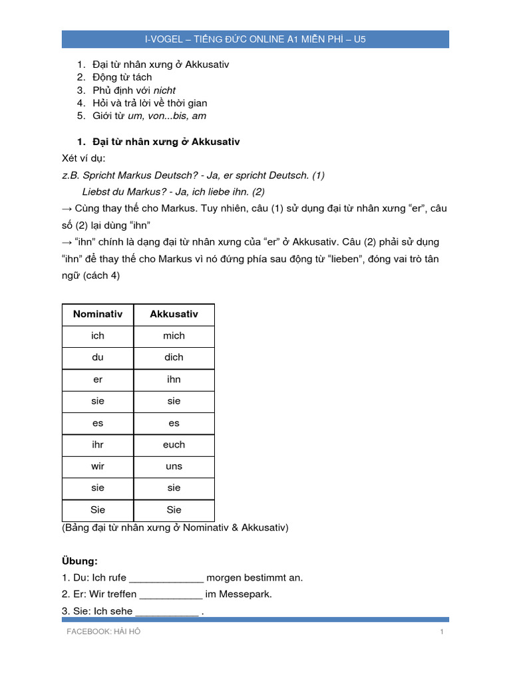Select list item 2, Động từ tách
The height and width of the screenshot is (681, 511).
tap(122, 77)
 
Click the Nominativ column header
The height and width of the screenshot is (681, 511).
tap(98, 314)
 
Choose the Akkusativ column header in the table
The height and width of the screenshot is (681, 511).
tap(174, 314)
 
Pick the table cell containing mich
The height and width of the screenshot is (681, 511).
tap(174, 336)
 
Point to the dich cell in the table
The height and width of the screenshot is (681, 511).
tap(174, 357)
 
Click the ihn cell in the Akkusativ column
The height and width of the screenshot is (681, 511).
tap(174, 379)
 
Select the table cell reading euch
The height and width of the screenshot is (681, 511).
tap(174, 444)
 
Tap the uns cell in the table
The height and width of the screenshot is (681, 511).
tap(174, 466)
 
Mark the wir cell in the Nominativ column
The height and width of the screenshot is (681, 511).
tap(98, 466)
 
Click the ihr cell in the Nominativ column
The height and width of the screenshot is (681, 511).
tap(98, 444)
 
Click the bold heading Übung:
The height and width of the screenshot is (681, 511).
tap(80, 561)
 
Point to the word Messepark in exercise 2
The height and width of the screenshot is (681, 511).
tap(248, 594)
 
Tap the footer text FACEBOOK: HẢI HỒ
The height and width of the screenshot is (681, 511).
tap(103, 632)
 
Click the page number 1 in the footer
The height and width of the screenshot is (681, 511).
tap(441, 632)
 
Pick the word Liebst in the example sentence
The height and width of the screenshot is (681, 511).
tap(96, 192)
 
